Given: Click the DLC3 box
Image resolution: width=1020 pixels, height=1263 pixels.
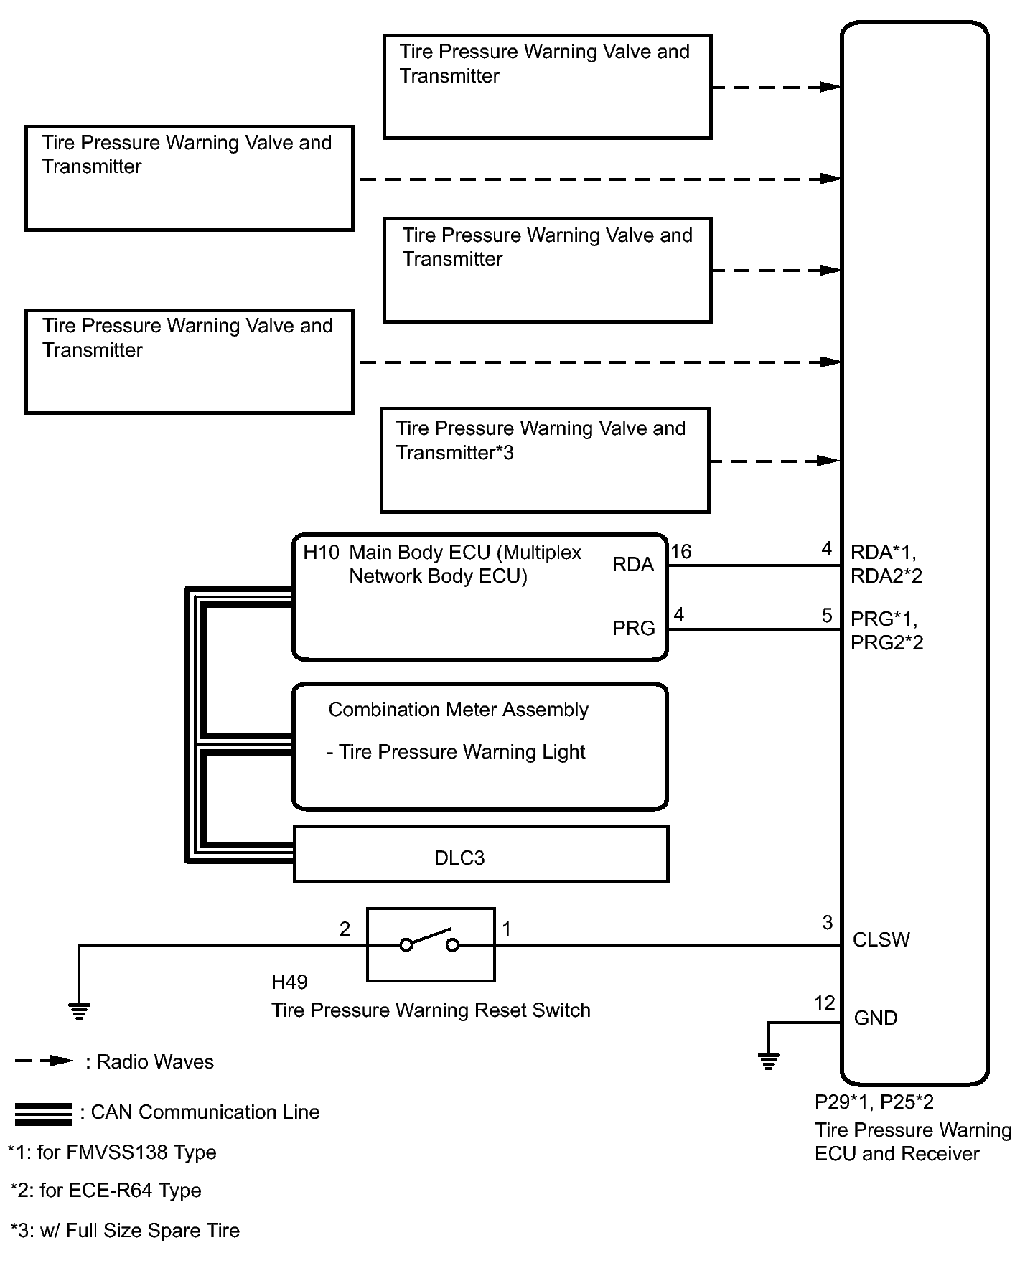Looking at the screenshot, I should pyautogui.click(x=480, y=854).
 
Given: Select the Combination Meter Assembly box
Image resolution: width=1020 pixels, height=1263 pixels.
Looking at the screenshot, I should pyautogui.click(x=479, y=746).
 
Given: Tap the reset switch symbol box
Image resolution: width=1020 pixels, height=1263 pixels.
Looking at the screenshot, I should pyautogui.click(x=431, y=944).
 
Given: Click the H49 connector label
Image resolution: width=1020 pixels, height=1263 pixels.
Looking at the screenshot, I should pyautogui.click(x=289, y=982).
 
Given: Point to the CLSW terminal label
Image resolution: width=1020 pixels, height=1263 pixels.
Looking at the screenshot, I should pyautogui.click(x=881, y=940).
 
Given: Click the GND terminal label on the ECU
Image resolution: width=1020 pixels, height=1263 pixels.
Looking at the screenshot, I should pyautogui.click(x=875, y=1018).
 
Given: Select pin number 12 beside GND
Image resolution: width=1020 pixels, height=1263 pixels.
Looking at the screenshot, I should pyautogui.click(x=825, y=1003).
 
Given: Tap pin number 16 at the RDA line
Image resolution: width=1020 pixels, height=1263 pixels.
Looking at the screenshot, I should pyautogui.click(x=680, y=551).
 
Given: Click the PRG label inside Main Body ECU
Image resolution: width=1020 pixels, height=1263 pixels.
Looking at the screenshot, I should pyautogui.click(x=633, y=629).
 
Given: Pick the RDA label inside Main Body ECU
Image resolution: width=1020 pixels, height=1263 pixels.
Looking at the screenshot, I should pyautogui.click(x=633, y=565).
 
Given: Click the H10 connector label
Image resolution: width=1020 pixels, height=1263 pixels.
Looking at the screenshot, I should pyautogui.click(x=321, y=552).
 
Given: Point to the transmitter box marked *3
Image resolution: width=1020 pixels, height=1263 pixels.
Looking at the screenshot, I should pyautogui.click(x=545, y=460).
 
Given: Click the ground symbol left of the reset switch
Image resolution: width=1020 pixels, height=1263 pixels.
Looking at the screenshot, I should pyautogui.click(x=79, y=1012).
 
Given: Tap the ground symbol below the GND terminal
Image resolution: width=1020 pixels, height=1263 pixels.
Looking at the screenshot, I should pyautogui.click(x=768, y=1061).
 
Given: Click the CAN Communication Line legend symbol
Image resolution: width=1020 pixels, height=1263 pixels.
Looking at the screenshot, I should pyautogui.click(x=43, y=1113).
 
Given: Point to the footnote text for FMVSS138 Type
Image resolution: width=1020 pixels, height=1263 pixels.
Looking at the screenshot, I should pyautogui.click(x=112, y=1152).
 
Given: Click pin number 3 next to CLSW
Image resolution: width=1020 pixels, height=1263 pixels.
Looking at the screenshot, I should pyautogui.click(x=827, y=922).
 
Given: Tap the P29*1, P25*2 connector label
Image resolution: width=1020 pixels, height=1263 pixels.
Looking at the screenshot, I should pyautogui.click(x=874, y=1102).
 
